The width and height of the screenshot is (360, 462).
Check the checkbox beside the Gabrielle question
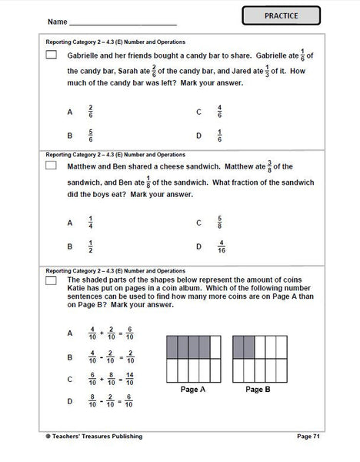point(52,55)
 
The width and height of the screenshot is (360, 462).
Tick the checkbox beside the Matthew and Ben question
point(52,166)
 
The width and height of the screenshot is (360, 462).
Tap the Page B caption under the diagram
point(259,390)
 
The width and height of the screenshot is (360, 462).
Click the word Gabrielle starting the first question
point(84,55)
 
